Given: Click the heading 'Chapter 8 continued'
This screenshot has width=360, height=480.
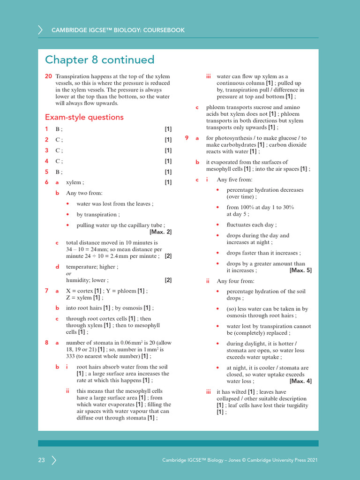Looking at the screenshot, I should point(99,60).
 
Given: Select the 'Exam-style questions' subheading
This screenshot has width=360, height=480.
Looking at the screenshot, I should point(84,117).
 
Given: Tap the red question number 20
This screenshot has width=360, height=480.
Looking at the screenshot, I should point(48,76).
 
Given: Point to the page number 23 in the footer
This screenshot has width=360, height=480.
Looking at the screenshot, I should point(42,460).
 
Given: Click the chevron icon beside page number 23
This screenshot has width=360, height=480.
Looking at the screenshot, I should point(54,460).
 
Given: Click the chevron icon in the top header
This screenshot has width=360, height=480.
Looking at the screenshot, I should point(40,30).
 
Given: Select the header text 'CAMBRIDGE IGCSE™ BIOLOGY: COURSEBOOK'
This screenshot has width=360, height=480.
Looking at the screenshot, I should point(118,30).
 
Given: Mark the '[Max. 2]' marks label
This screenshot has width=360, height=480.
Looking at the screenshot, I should point(160,232).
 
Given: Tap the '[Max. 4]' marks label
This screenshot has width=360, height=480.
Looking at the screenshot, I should point(300,382).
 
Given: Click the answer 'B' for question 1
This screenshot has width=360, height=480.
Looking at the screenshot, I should point(58,129).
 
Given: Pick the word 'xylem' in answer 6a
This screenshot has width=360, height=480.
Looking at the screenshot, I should point(74,182).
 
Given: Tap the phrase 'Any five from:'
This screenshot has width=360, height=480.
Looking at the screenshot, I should point(234,180).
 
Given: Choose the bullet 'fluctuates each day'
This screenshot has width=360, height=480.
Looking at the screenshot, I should point(251,225).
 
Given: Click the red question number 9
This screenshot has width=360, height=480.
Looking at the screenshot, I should point(187,138).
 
